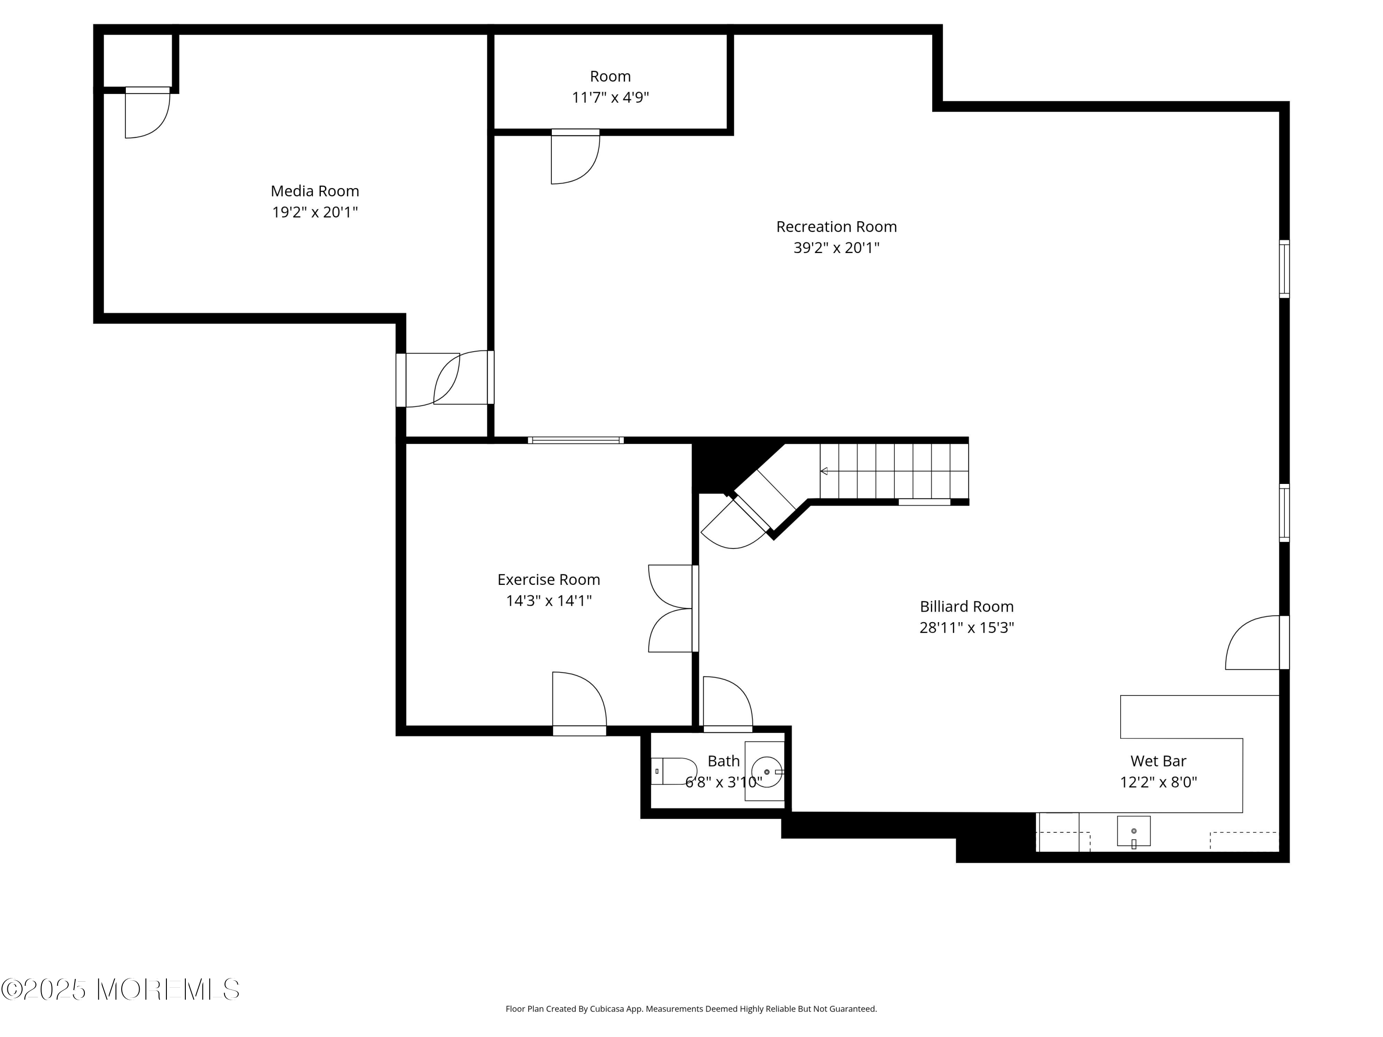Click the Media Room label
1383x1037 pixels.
pos(314,191)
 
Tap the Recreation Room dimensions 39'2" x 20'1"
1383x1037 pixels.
pos(836,247)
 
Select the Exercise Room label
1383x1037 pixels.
pos(548,579)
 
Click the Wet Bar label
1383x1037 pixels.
pos(1158,761)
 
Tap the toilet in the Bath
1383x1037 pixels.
pos(674,772)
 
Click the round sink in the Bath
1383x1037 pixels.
pos(767,772)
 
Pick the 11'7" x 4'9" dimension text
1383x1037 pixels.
pos(610,98)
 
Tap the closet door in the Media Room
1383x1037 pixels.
pos(148,112)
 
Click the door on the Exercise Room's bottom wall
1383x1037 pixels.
pos(579,703)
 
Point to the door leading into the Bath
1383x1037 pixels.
pos(728,704)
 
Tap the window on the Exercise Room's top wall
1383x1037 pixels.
pos(575,440)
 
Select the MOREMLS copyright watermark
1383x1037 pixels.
pos(120,990)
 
